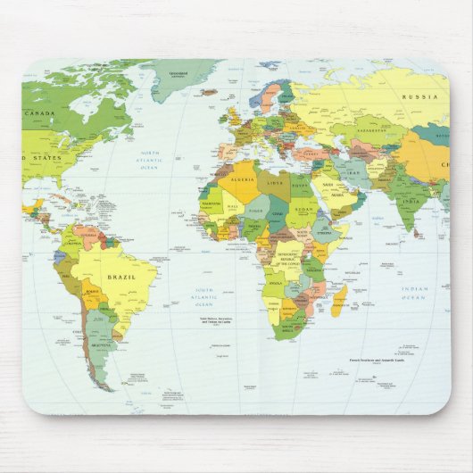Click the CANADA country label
(39, 114)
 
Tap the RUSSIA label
(419, 96)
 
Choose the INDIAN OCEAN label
(414, 292)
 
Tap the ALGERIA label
(243, 178)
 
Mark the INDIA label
(410, 201)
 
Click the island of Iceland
(209, 91)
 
